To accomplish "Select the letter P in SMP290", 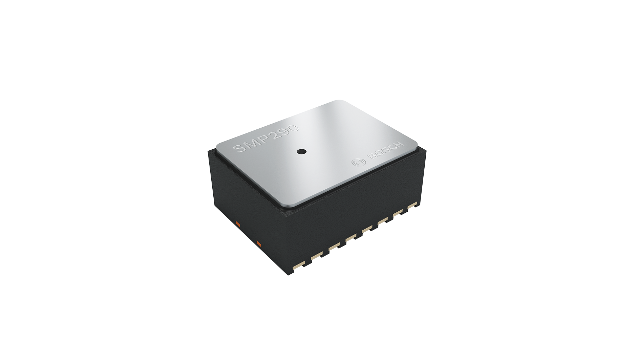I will click(x=263, y=142).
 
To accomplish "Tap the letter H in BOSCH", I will click(x=400, y=144).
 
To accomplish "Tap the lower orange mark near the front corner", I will click(x=259, y=243).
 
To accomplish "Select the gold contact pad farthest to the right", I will click(x=411, y=205).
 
